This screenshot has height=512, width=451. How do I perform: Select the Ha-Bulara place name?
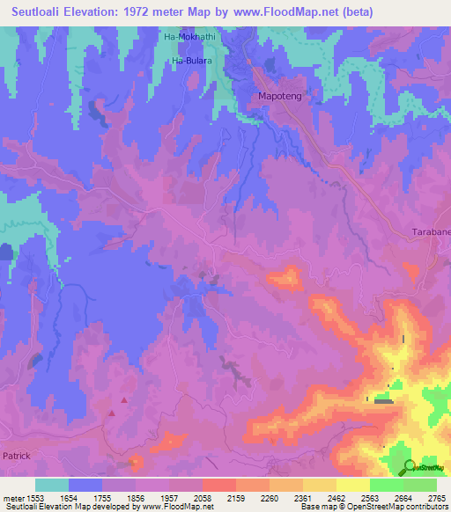click(190, 60)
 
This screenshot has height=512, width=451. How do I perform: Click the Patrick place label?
click(17, 456)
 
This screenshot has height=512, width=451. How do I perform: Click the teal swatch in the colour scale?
click(52, 485)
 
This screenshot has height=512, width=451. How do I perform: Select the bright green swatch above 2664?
click(386, 485)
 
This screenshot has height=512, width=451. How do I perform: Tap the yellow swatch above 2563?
click(352, 485)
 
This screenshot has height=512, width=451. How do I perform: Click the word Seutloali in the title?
click(41, 12)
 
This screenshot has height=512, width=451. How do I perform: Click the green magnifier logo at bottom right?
click(410, 466)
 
